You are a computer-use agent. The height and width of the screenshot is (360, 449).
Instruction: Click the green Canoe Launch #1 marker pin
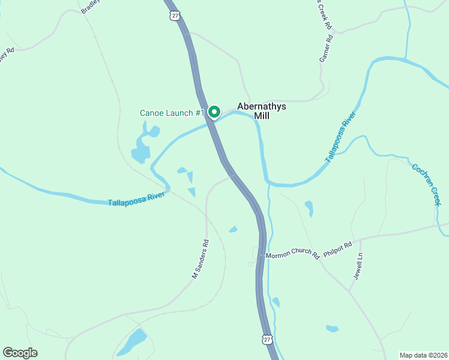(214, 112)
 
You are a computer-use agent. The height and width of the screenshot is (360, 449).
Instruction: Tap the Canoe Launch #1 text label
(172, 113)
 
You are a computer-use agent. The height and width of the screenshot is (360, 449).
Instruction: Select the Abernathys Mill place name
(262, 111)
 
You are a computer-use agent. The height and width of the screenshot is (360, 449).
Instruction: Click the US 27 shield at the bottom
(267, 340)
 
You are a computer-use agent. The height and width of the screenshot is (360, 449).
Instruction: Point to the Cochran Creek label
(427, 184)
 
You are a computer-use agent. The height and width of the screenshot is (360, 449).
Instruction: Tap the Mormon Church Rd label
(292, 254)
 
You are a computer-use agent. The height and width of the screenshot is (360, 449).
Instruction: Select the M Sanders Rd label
(200, 260)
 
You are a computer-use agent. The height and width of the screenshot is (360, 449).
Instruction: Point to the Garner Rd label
(325, 50)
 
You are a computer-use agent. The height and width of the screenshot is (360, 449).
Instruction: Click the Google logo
(20, 352)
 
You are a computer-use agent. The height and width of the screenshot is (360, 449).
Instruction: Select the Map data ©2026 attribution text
(423, 355)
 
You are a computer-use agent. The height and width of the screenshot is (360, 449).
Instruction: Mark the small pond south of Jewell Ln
(332, 328)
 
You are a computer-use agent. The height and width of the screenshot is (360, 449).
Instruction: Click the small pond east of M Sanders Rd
(233, 229)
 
